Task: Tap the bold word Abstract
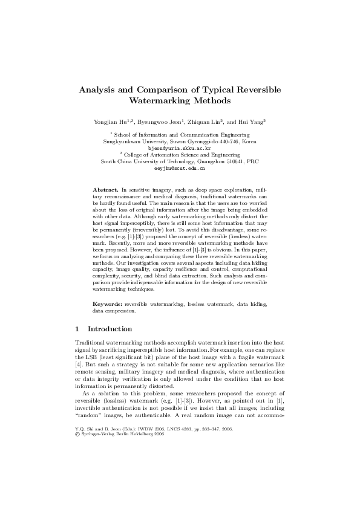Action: (105, 190)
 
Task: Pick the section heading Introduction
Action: (110, 329)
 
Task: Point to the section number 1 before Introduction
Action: (76, 329)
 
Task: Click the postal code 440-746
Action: (230, 141)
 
